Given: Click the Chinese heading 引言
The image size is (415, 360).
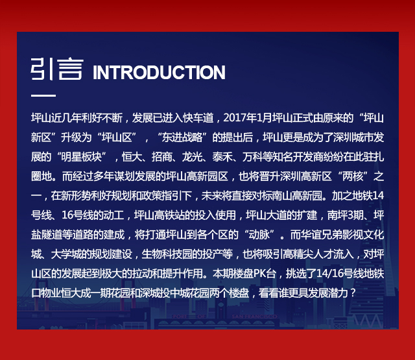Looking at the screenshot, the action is pyautogui.click(x=57, y=69).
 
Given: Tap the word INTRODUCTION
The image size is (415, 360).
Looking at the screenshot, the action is pyautogui.click(x=159, y=72).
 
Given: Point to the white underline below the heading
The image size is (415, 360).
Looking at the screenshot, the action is pyautogui.click(x=43, y=95).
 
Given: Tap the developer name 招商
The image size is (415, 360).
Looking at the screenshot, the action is pyautogui.click(x=161, y=157).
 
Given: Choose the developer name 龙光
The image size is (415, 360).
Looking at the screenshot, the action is pyautogui.click(x=192, y=157).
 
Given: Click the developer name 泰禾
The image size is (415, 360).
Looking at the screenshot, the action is pyautogui.click(x=222, y=157).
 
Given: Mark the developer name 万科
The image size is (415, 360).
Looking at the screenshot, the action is pyautogui.click(x=252, y=157).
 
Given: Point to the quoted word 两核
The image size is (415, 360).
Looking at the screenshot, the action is pyautogui.click(x=353, y=176).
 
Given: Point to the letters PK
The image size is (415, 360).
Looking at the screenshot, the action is pyautogui.click(x=259, y=274).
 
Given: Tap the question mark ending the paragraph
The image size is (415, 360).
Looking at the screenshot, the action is pyautogui.click(x=353, y=293).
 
